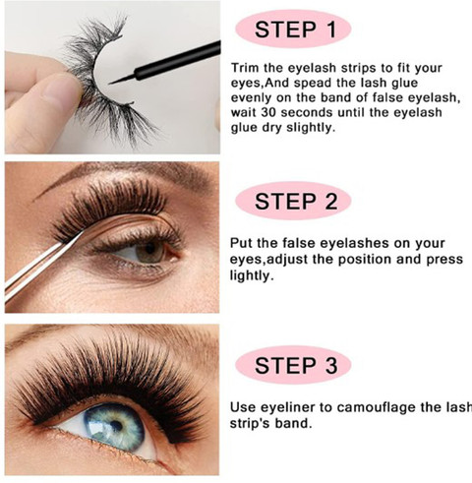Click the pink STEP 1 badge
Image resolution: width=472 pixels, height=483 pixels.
pyautogui.click(x=293, y=30)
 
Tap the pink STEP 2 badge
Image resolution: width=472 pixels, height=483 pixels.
pyautogui.click(x=293, y=201)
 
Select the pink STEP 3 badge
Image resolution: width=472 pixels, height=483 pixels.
pyautogui.click(x=293, y=365)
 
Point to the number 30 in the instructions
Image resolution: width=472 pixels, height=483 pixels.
pyautogui.click(x=268, y=112)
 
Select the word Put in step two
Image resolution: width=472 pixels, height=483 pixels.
pyautogui.click(x=241, y=243)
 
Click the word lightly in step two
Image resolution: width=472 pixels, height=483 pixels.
pyautogui.click(x=252, y=275)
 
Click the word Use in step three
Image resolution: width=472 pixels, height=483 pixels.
pyautogui.click(x=243, y=407)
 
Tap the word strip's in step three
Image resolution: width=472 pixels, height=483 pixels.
pyautogui.click(x=250, y=423)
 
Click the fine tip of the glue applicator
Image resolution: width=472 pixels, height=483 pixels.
pyautogui.click(x=110, y=84)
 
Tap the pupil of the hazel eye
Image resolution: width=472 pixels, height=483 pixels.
pyautogui.click(x=149, y=248)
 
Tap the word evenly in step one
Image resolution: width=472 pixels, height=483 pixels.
pyautogui.click(x=252, y=98)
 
